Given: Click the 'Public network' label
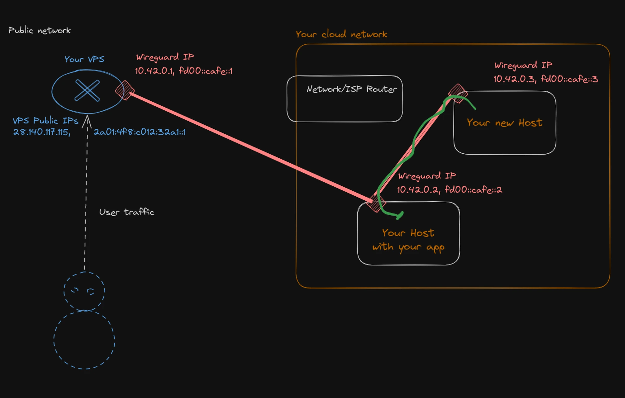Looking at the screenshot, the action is point(40,30).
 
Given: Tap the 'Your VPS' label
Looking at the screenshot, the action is point(84,59).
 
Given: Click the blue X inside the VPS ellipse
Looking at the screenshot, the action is point(87,90).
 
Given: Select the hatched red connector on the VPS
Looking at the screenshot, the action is point(125,90).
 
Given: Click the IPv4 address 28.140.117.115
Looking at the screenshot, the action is point(42,132).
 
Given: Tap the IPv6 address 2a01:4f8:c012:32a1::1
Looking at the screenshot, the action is point(140,132).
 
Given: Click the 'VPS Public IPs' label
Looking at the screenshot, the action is point(45,121).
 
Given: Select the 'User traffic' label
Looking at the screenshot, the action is point(127,212).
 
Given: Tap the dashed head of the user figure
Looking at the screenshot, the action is point(84,291).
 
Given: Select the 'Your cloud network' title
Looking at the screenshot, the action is point(341,34).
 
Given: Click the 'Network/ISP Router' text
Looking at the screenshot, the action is point(352,89).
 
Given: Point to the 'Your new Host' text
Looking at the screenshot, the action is point(505,122).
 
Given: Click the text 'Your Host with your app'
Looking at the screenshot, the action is point(408,240).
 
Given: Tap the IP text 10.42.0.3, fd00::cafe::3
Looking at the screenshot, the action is point(546,79).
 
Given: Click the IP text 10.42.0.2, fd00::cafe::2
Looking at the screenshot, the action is point(450,189).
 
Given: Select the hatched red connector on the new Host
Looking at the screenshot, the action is point(458,93).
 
